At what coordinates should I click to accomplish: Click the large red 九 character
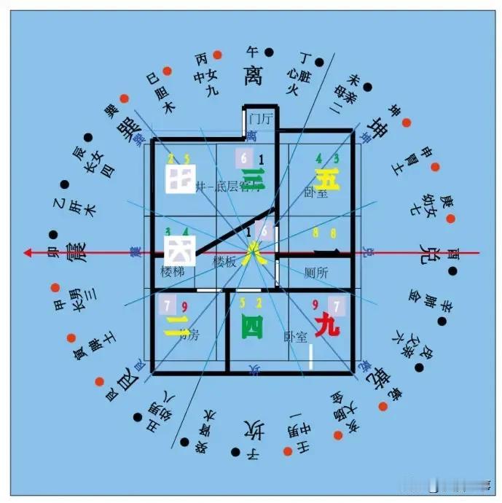[327, 326]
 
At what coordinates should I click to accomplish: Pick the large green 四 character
[252, 328]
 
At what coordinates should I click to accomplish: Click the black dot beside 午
[269, 52]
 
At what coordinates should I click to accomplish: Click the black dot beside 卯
[52, 235]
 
